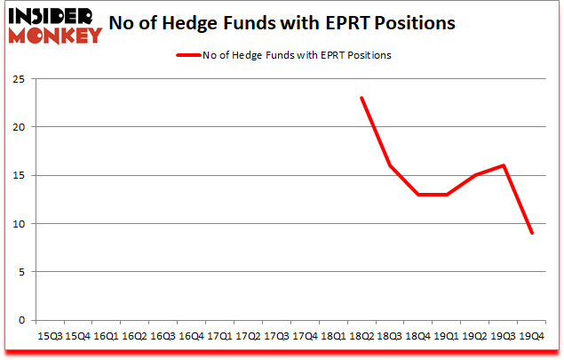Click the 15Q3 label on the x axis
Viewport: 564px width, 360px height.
tap(50, 337)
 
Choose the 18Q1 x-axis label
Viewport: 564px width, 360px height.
tap(333, 337)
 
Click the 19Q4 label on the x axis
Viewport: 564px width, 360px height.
tap(532, 337)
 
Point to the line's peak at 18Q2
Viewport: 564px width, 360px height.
tap(361, 98)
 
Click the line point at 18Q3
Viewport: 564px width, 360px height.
tap(390, 165)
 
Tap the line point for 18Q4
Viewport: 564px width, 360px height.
tap(418, 195)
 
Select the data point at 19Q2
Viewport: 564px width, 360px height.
tap(475, 175)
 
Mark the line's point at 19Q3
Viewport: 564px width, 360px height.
tap(504, 165)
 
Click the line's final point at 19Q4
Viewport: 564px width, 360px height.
tap(532, 233)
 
